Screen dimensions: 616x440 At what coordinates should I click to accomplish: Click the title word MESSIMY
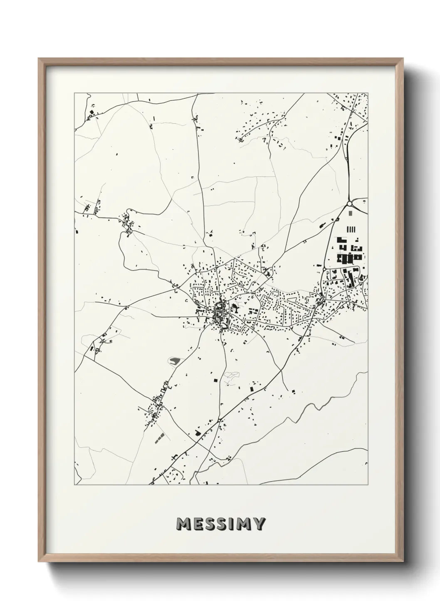tap(220, 524)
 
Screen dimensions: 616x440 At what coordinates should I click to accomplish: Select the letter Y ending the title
tap(258, 524)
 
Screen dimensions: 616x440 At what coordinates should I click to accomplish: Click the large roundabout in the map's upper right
tap(350, 204)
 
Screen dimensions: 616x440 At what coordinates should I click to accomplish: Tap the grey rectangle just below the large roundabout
tap(350, 213)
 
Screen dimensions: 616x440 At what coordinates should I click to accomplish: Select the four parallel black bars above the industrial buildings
tap(351, 229)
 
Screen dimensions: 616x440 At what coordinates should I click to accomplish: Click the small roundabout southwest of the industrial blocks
tap(324, 269)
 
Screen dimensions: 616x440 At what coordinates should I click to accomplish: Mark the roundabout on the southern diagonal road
tap(219, 420)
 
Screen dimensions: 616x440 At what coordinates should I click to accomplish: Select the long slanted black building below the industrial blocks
tap(350, 278)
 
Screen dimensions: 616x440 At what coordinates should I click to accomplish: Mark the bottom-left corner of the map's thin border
tap(74, 484)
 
